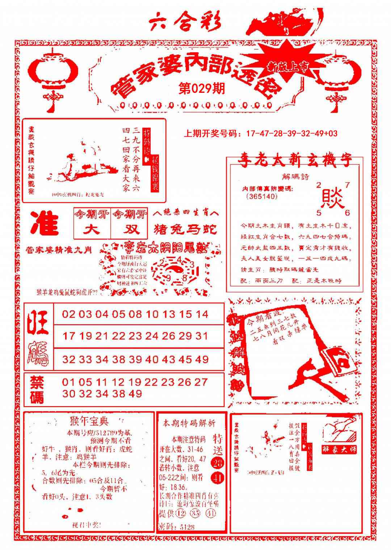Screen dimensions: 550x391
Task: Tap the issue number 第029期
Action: (202, 88)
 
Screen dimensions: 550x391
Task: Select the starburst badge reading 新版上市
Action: (288, 66)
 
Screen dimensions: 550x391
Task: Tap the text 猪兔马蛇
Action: (186, 229)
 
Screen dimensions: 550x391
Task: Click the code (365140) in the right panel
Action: (261, 197)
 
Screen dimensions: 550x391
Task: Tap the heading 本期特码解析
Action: (189, 423)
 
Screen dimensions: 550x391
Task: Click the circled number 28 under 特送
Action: (218, 463)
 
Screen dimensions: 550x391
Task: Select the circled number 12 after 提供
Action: (181, 513)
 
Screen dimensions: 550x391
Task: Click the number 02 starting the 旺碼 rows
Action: (69, 314)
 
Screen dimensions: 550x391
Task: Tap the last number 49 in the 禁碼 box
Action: (135, 394)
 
